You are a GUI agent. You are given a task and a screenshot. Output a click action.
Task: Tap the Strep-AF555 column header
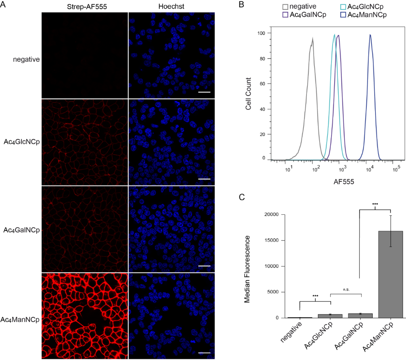coord(84,7)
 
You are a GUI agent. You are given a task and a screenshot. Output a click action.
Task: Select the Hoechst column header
coord(171,7)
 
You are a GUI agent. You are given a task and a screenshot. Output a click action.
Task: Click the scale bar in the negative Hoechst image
coord(203,92)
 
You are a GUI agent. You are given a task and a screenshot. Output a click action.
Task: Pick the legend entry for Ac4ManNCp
coord(367,15)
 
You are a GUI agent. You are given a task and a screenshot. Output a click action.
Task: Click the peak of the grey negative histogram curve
coord(313,38)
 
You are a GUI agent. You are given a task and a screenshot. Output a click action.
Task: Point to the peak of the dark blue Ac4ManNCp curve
coord(370,35)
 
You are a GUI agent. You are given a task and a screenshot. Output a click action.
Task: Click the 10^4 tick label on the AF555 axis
coord(370,170)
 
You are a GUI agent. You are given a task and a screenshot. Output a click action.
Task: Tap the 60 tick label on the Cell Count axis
coord(262,84)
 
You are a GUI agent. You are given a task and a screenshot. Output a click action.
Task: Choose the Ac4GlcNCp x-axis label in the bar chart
coord(319,335)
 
